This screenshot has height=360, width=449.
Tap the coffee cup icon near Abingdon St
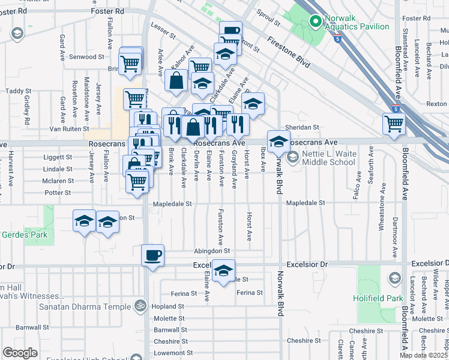point(152,255)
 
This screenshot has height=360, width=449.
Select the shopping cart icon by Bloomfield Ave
point(394,124)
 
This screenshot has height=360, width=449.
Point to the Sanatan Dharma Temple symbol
point(140,306)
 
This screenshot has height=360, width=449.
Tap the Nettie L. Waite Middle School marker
point(292,158)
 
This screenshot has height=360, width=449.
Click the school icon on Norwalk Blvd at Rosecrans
point(279,142)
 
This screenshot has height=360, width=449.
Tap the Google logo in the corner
point(20,352)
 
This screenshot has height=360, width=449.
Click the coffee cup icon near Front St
point(230,32)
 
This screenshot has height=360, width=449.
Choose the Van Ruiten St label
point(69,128)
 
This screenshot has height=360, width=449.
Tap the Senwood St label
point(87,57)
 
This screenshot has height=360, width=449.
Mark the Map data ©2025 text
point(424,355)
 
